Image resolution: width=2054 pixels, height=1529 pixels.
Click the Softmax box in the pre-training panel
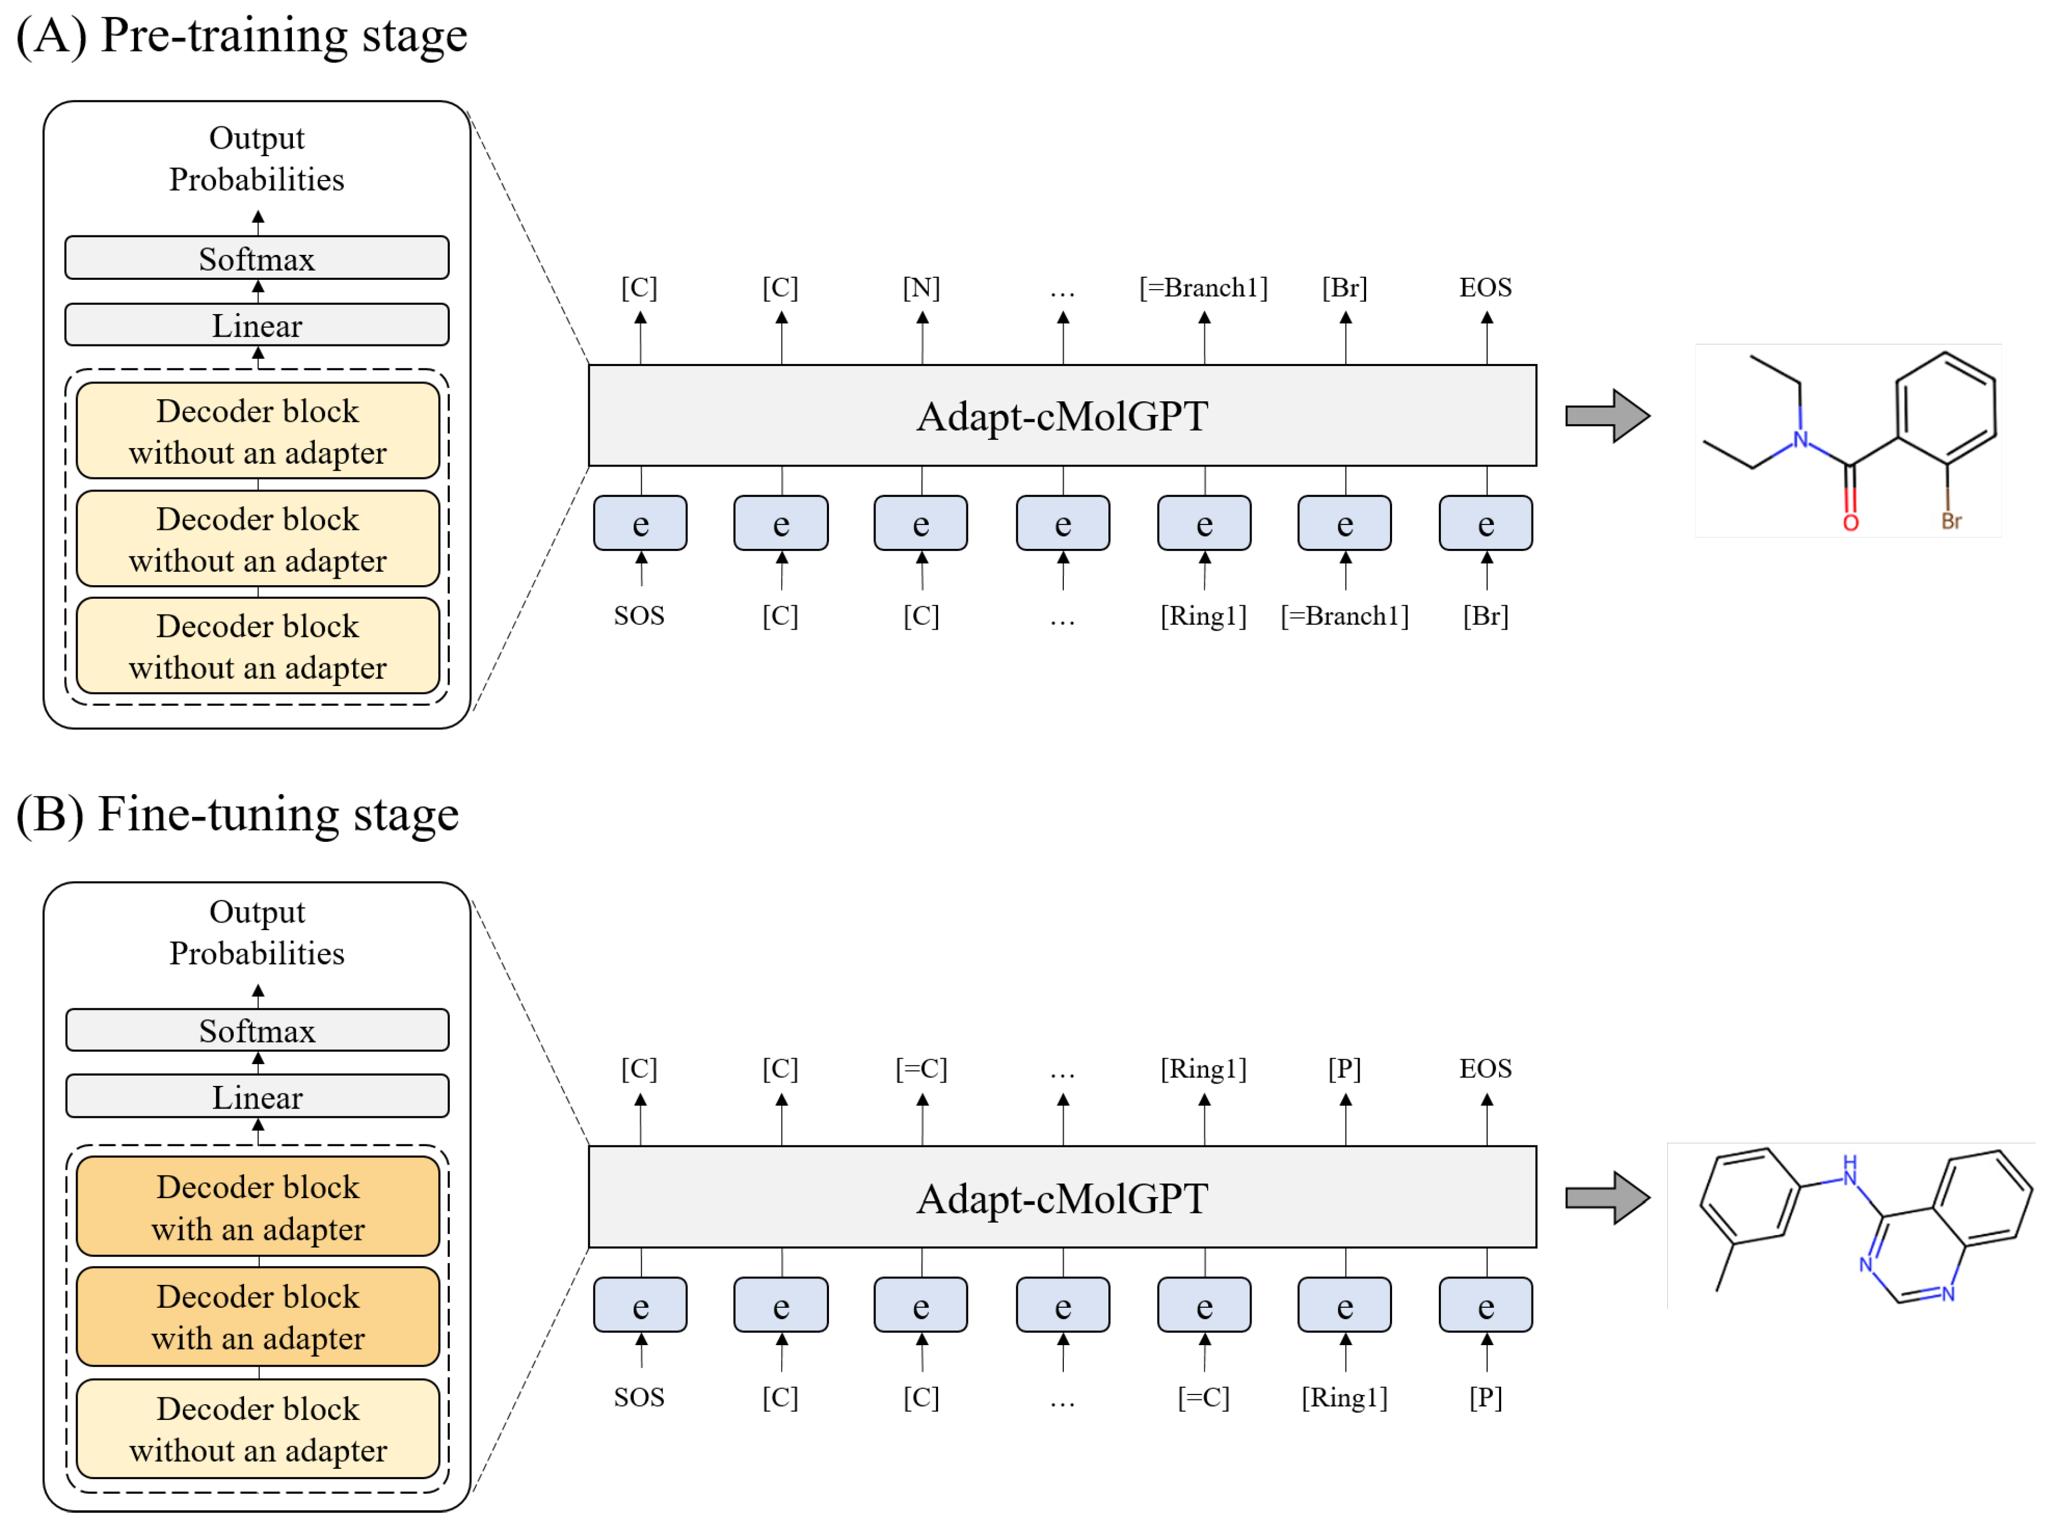(x=257, y=258)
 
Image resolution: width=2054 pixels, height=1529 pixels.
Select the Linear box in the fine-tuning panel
(x=257, y=1097)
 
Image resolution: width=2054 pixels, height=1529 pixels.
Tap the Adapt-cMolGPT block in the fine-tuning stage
(x=1062, y=1198)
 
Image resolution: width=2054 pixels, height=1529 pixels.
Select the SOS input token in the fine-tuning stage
(x=639, y=1397)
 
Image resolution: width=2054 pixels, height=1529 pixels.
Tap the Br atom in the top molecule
(x=1950, y=521)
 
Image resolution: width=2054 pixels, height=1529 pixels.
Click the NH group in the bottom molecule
(x=1848, y=1170)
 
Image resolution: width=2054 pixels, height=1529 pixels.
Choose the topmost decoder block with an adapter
(x=257, y=1207)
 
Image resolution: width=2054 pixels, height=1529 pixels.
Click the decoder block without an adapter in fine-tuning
(x=257, y=1428)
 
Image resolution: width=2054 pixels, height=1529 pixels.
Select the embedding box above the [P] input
(x=1485, y=1305)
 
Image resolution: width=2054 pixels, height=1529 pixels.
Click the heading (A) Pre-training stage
(x=241, y=35)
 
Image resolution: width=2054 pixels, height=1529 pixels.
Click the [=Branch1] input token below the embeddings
(x=1344, y=616)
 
